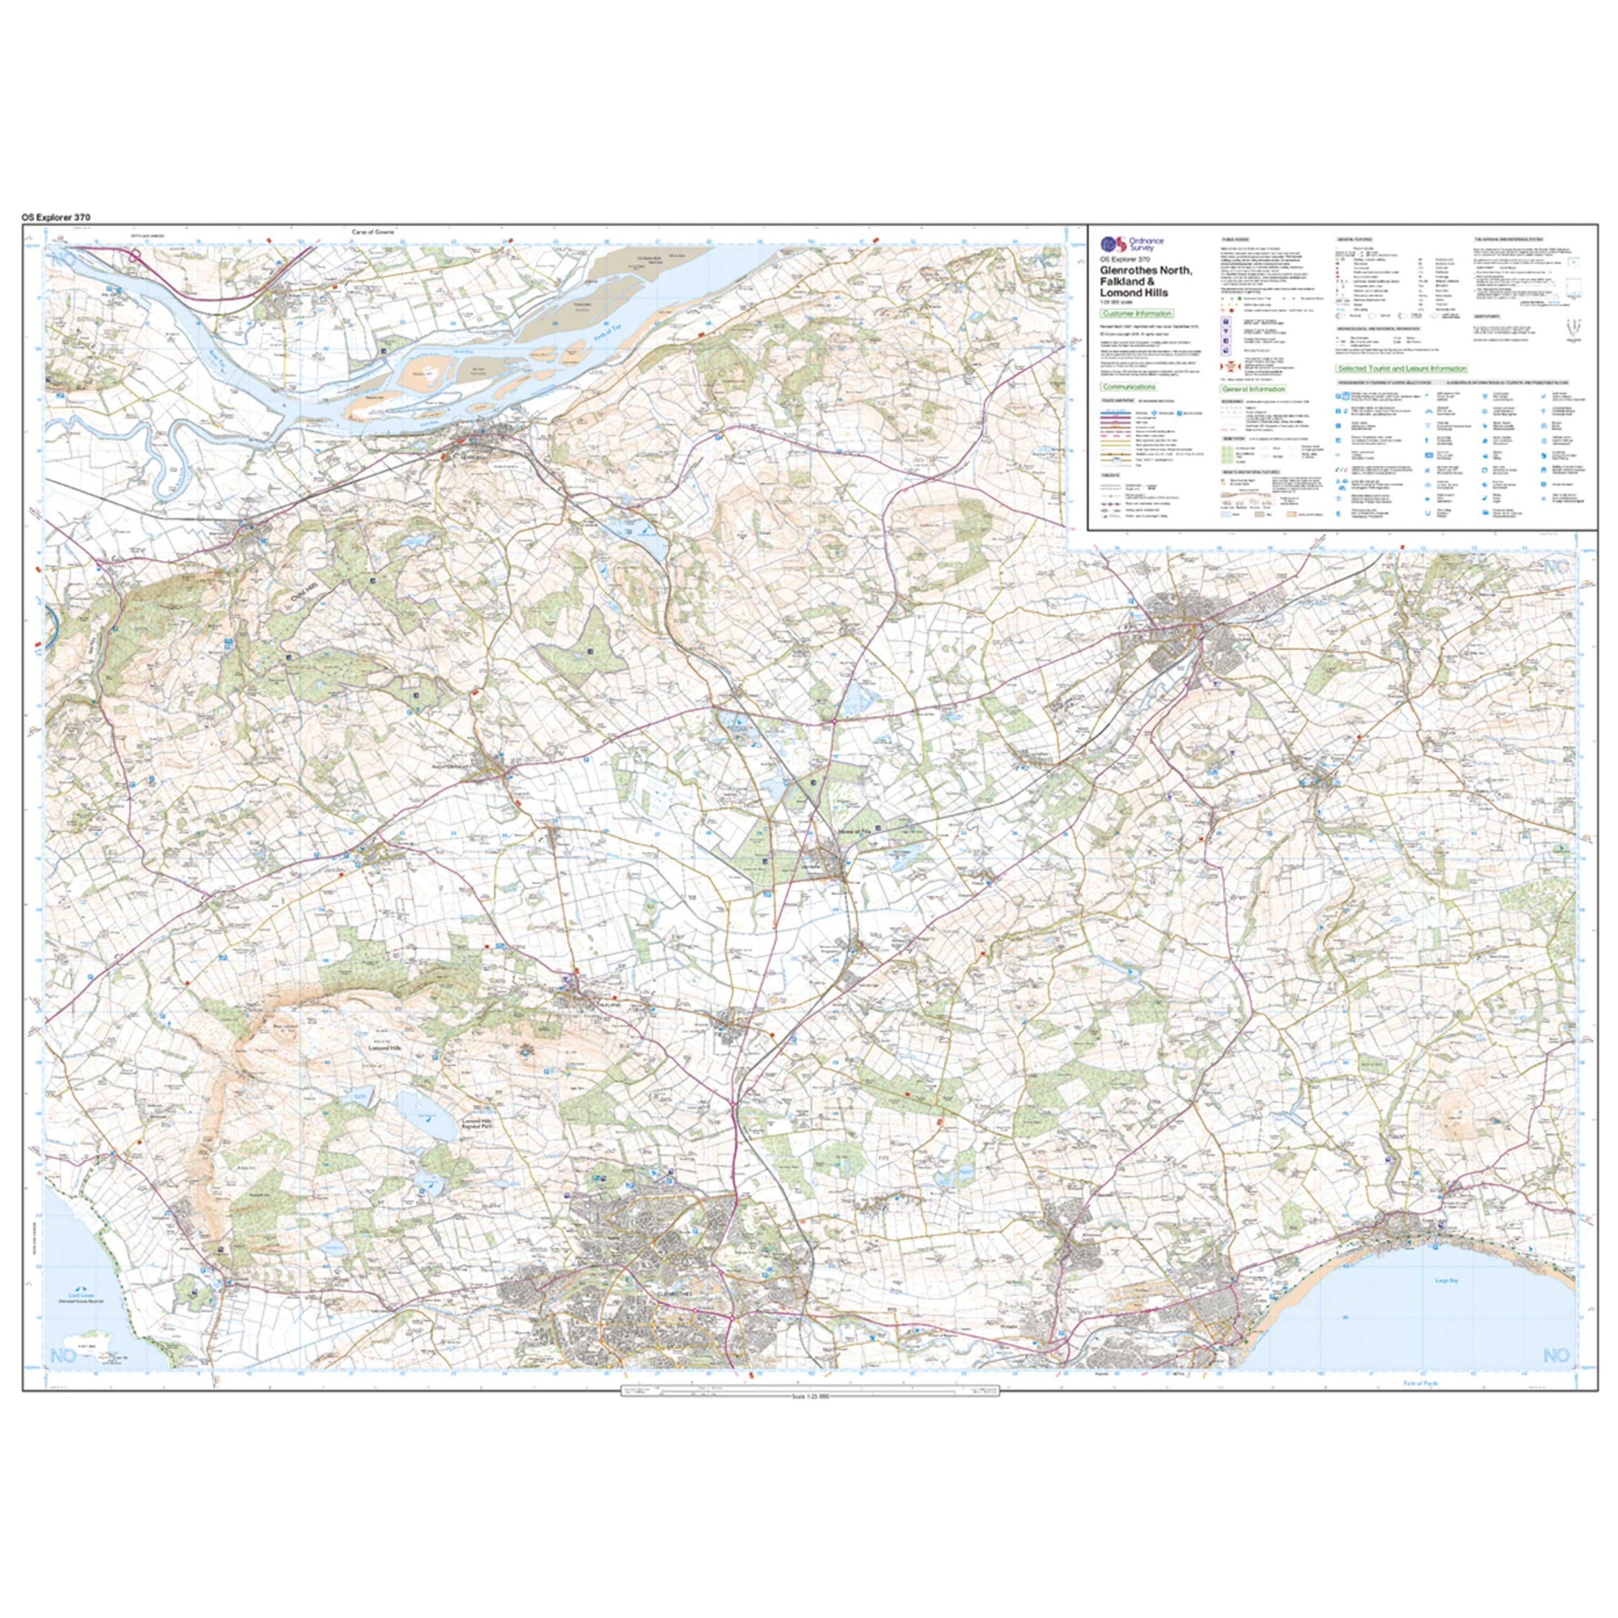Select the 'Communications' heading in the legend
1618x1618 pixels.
pyautogui.click(x=1129, y=387)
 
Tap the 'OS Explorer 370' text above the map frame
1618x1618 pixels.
pyautogui.click(x=56, y=217)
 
